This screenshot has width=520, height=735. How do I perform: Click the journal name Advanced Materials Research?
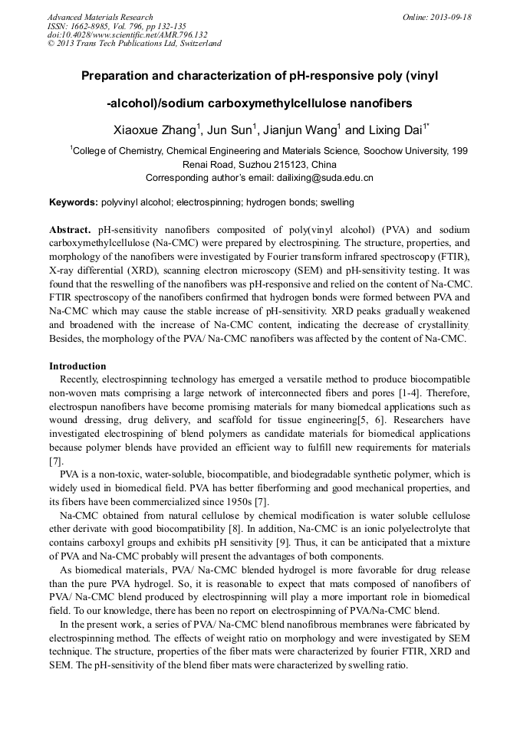tap(100, 17)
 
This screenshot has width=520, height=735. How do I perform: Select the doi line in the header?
tap(127, 34)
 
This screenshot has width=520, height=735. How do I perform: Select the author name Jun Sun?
tap(229, 131)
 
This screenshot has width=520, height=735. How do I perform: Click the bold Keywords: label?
tap(74, 203)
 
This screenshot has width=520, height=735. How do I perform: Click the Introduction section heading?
tap(77, 366)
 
